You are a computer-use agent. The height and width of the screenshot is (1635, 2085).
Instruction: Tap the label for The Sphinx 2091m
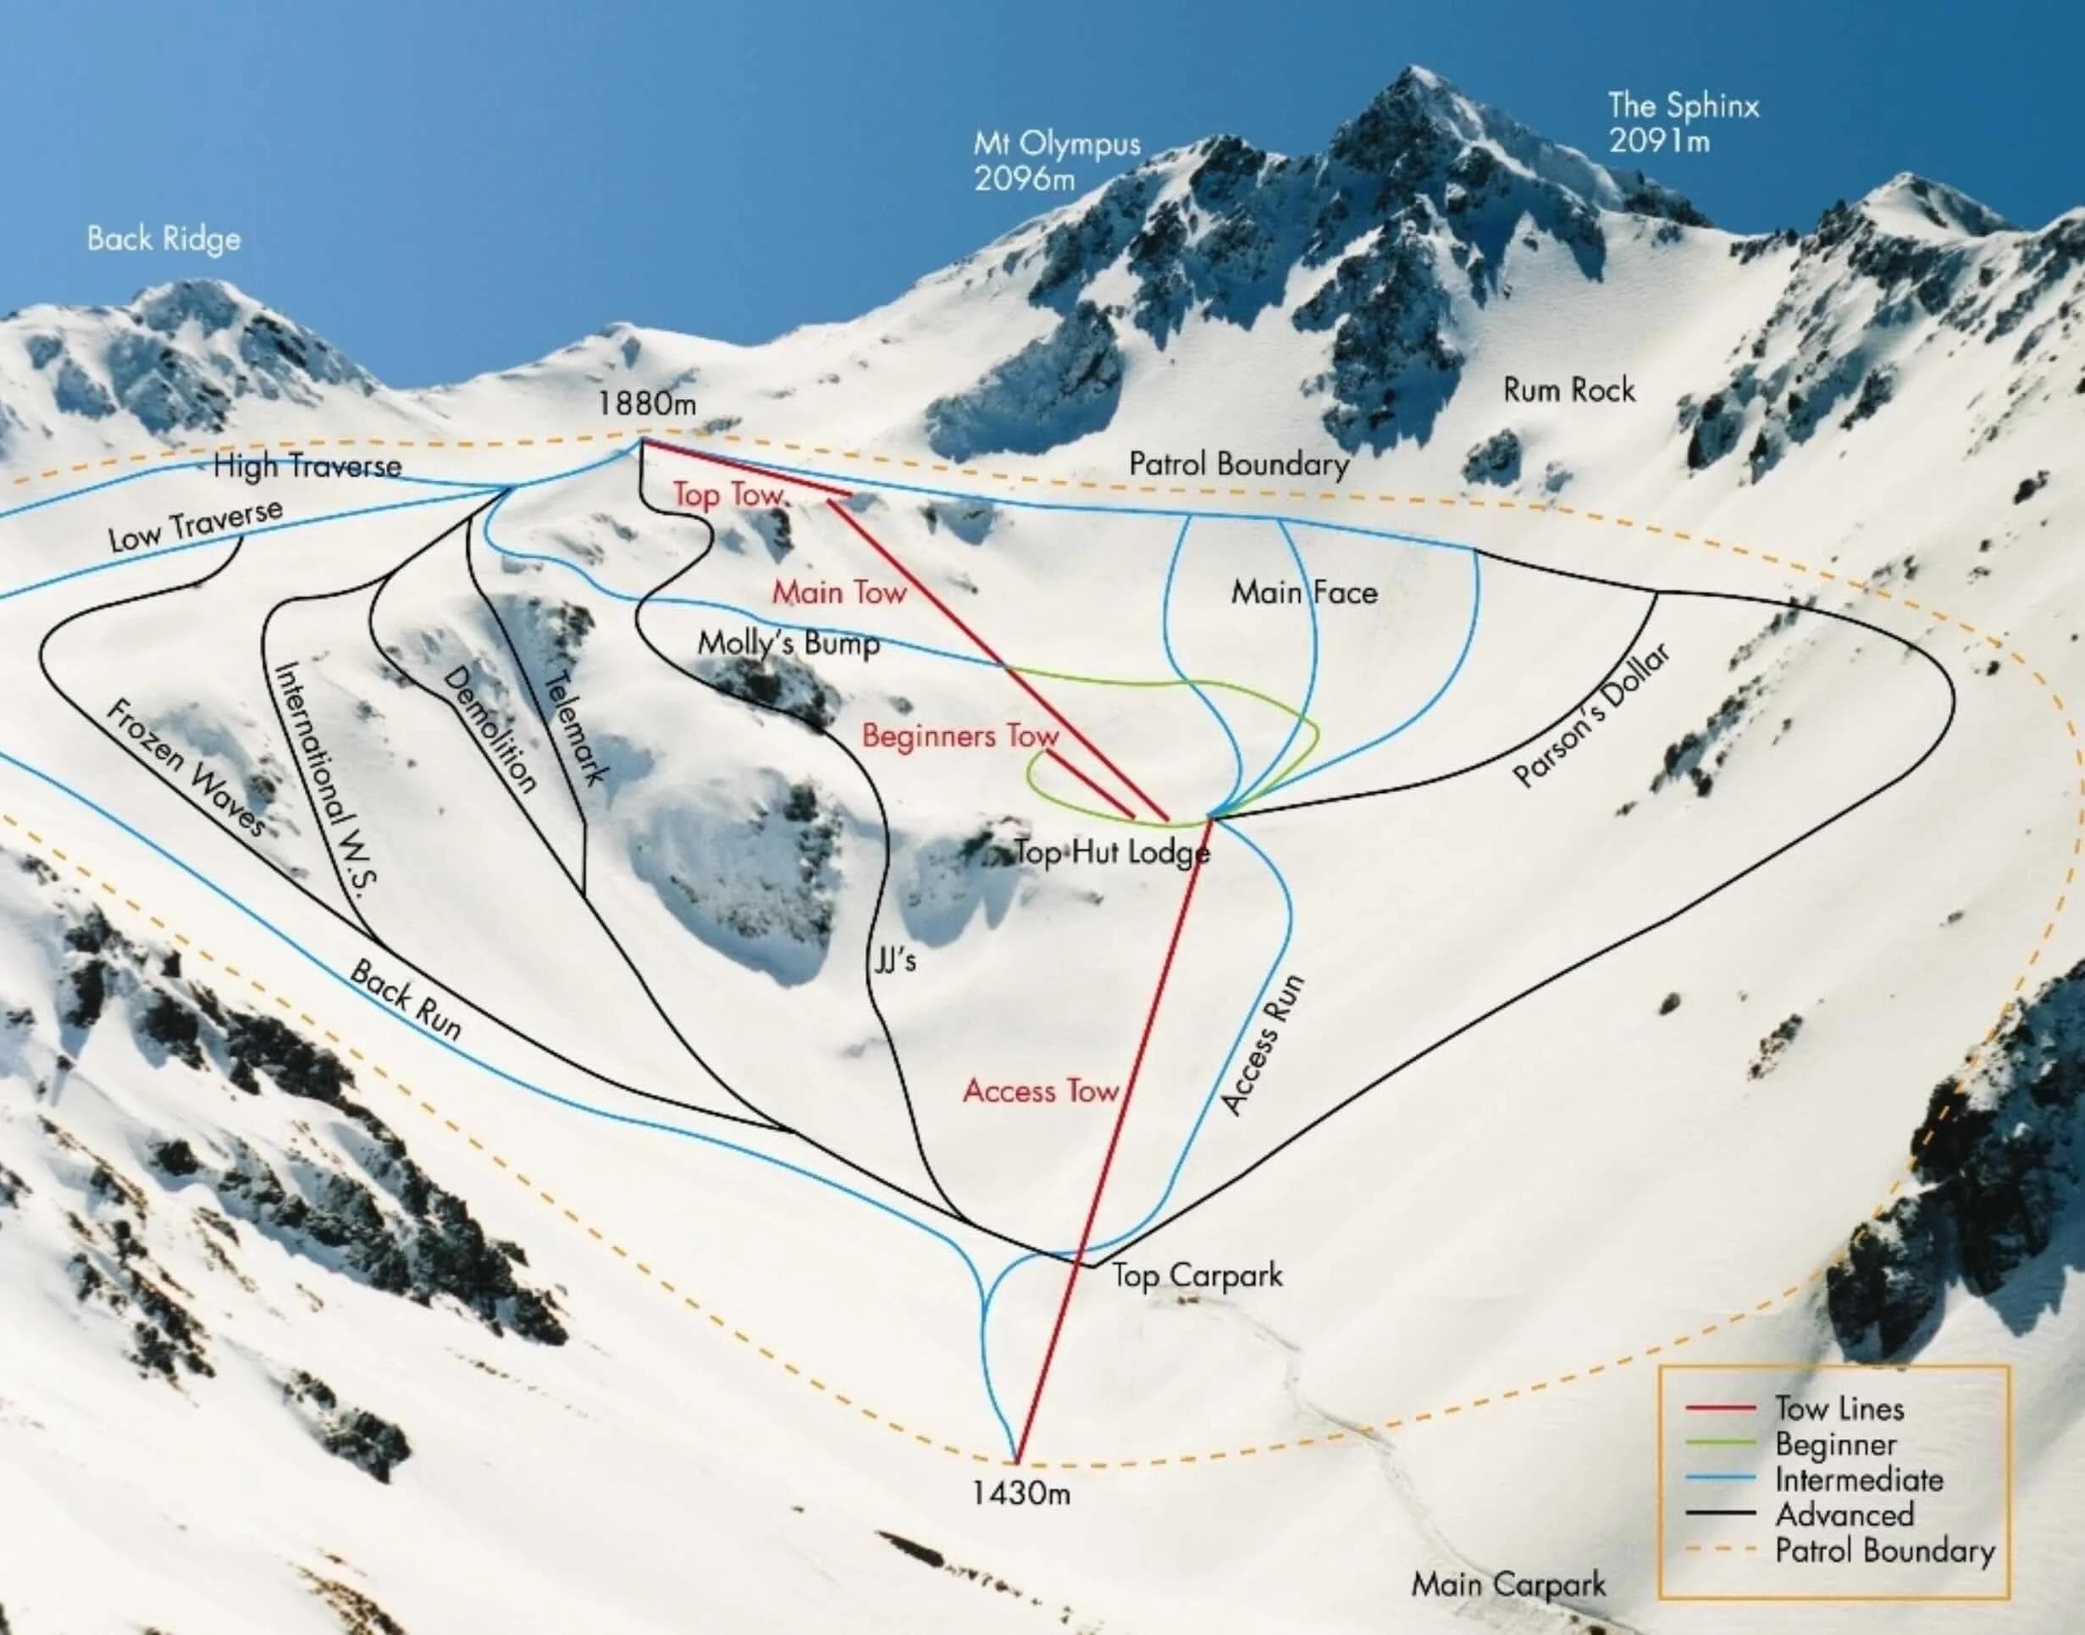coord(1682,123)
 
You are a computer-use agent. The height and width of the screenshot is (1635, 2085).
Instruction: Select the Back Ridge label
coord(163,238)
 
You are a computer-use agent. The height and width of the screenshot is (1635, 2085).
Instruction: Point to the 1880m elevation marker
coord(647,404)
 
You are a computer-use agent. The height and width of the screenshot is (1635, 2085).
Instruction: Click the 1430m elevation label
coord(1021,1494)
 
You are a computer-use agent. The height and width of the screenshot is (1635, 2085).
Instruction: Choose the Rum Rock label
coord(1568,391)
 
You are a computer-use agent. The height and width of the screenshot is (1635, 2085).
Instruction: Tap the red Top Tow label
coord(728,494)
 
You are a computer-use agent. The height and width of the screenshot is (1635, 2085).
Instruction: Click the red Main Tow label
coord(839,592)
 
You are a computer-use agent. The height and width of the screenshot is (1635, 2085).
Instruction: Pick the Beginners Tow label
coord(960,735)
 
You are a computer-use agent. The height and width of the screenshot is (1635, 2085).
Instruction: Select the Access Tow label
coord(1040,1091)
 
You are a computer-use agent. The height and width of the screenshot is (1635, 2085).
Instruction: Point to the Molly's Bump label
coord(788,643)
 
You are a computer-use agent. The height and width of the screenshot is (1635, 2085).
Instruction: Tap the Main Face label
coord(1304,592)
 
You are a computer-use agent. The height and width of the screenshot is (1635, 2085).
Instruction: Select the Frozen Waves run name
coord(185,780)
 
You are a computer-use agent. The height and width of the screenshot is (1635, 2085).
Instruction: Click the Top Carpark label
coord(1197,1275)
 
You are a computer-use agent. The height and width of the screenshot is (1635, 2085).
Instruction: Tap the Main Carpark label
coord(1508,1584)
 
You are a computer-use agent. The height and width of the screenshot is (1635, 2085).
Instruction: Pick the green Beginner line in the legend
coord(1719,1444)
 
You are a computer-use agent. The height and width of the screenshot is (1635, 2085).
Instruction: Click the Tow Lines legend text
coord(1839,1408)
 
